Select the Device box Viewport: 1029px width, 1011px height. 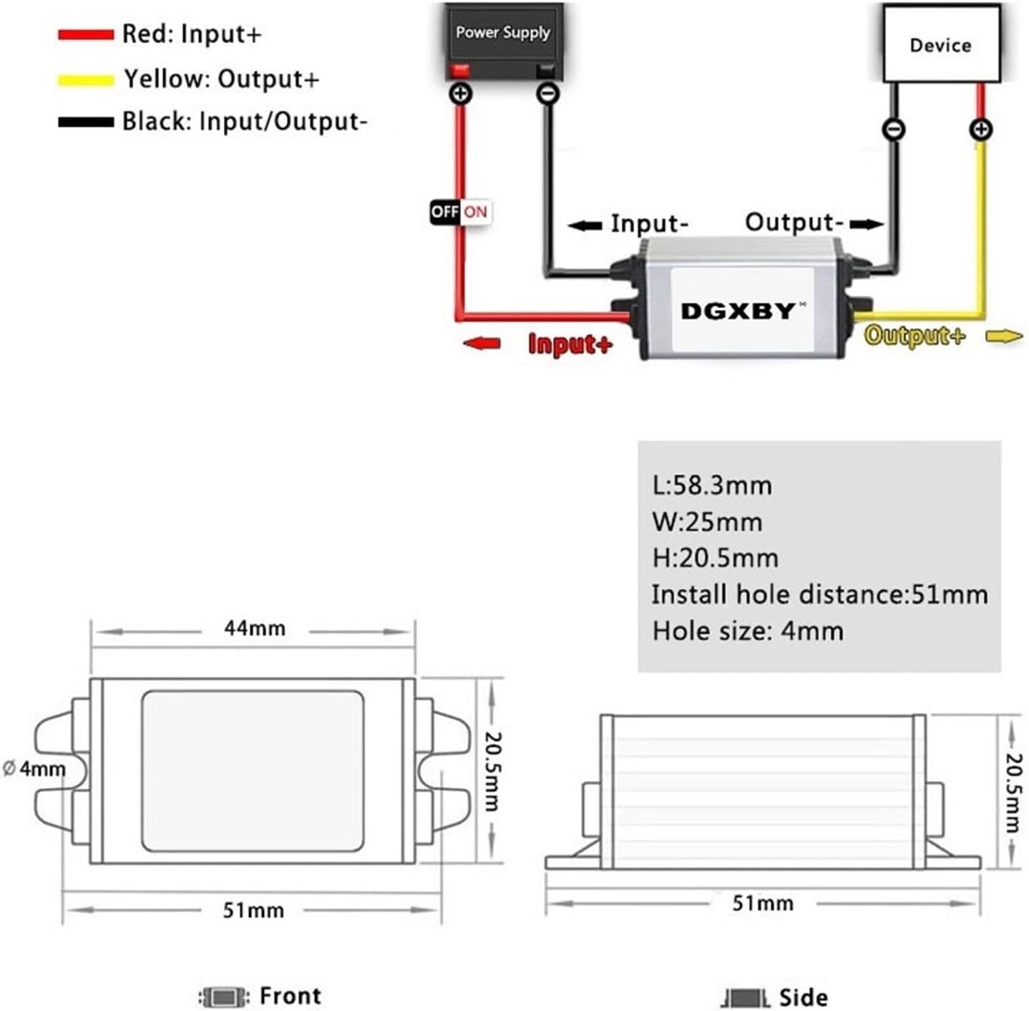(x=940, y=44)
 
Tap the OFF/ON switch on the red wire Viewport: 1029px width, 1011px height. (x=461, y=212)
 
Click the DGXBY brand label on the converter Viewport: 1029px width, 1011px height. (x=738, y=311)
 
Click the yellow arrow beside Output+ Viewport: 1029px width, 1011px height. (x=1004, y=336)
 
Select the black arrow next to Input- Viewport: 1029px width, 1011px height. (x=585, y=226)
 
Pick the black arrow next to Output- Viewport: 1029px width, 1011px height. (x=867, y=224)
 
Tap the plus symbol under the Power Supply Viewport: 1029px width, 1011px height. (x=460, y=94)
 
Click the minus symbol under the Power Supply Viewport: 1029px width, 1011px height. (x=548, y=94)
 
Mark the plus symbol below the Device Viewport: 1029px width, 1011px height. (x=980, y=130)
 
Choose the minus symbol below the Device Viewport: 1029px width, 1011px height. (x=894, y=130)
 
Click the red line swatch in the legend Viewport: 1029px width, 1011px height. (x=86, y=34)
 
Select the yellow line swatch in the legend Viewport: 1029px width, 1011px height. (x=86, y=80)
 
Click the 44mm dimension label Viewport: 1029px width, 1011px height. (x=254, y=629)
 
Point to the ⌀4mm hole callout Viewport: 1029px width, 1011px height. (x=34, y=769)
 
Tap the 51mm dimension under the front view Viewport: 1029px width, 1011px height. (x=253, y=910)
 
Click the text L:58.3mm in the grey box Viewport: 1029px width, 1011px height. (x=712, y=485)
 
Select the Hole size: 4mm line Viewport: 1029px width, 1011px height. (x=748, y=631)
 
